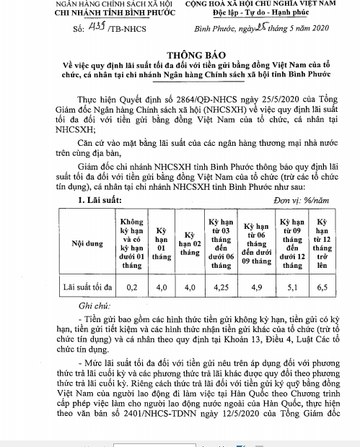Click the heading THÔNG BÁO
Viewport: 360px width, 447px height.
point(179,53)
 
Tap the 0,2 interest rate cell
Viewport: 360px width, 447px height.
point(131,286)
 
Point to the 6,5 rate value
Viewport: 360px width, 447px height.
point(323,286)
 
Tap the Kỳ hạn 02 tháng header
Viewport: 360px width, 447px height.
point(189,243)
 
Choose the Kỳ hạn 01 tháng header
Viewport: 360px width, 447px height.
point(162,243)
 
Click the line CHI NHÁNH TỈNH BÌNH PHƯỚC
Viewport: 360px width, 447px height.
point(70,14)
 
